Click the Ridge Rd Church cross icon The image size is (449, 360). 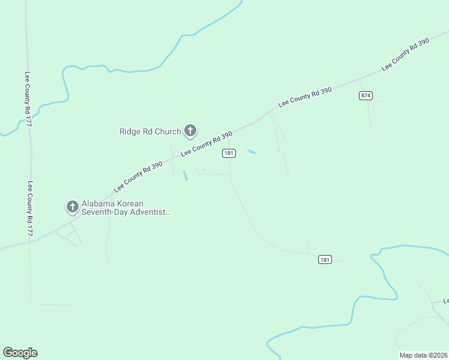coord(190,130)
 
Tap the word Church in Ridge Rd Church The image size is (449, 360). coord(169,131)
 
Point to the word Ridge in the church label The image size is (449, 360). coord(130,131)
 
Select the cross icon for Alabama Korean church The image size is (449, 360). coord(72,207)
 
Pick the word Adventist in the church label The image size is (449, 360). coord(151,212)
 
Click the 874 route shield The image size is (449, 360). coord(366,95)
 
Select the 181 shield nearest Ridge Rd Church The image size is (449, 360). coord(228,154)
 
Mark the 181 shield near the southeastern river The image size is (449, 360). coord(325,259)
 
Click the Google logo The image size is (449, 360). coord(20,353)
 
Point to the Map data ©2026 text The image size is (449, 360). coord(423,355)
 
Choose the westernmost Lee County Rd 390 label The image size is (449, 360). coord(138,172)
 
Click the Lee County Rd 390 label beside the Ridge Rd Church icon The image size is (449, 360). coord(206,145)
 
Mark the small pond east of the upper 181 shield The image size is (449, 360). coord(251,151)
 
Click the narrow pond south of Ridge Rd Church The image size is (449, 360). coord(185,175)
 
